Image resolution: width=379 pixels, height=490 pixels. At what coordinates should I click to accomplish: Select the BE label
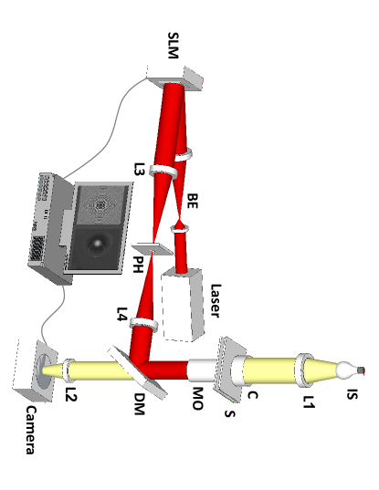click(x=192, y=203)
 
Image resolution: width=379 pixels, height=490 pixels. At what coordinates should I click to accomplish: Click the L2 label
click(x=71, y=394)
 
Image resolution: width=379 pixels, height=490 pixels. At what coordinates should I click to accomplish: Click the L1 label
click(x=310, y=400)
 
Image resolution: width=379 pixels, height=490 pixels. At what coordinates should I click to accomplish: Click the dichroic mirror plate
click(x=137, y=367)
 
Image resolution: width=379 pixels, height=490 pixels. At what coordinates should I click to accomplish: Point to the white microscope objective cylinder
click(x=200, y=370)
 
